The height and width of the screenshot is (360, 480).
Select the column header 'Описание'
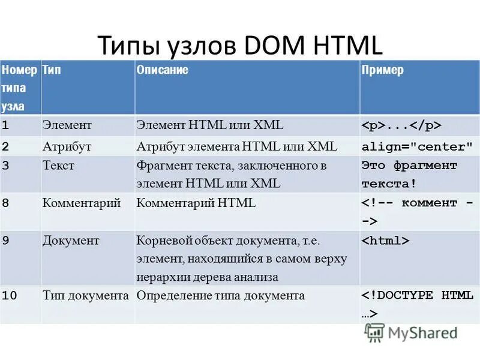point(162,70)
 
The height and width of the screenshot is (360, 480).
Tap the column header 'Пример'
point(382,70)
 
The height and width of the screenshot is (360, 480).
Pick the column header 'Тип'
point(52,70)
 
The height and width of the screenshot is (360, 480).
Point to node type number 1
point(5,126)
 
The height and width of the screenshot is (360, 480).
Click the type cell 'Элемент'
point(67,125)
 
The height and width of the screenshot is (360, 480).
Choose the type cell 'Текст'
point(58,166)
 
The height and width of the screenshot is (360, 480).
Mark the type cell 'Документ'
point(71,241)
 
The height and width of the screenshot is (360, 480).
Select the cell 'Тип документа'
point(86,296)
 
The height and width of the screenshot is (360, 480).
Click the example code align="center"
point(417,147)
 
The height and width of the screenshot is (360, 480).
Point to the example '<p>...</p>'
point(401,126)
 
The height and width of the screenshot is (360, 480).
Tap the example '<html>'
point(385,241)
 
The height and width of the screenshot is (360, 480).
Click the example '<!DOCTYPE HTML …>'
point(416,304)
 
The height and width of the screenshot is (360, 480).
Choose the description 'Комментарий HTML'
point(196,203)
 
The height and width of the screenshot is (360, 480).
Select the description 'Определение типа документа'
point(220,296)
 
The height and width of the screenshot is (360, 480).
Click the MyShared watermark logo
point(412,333)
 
